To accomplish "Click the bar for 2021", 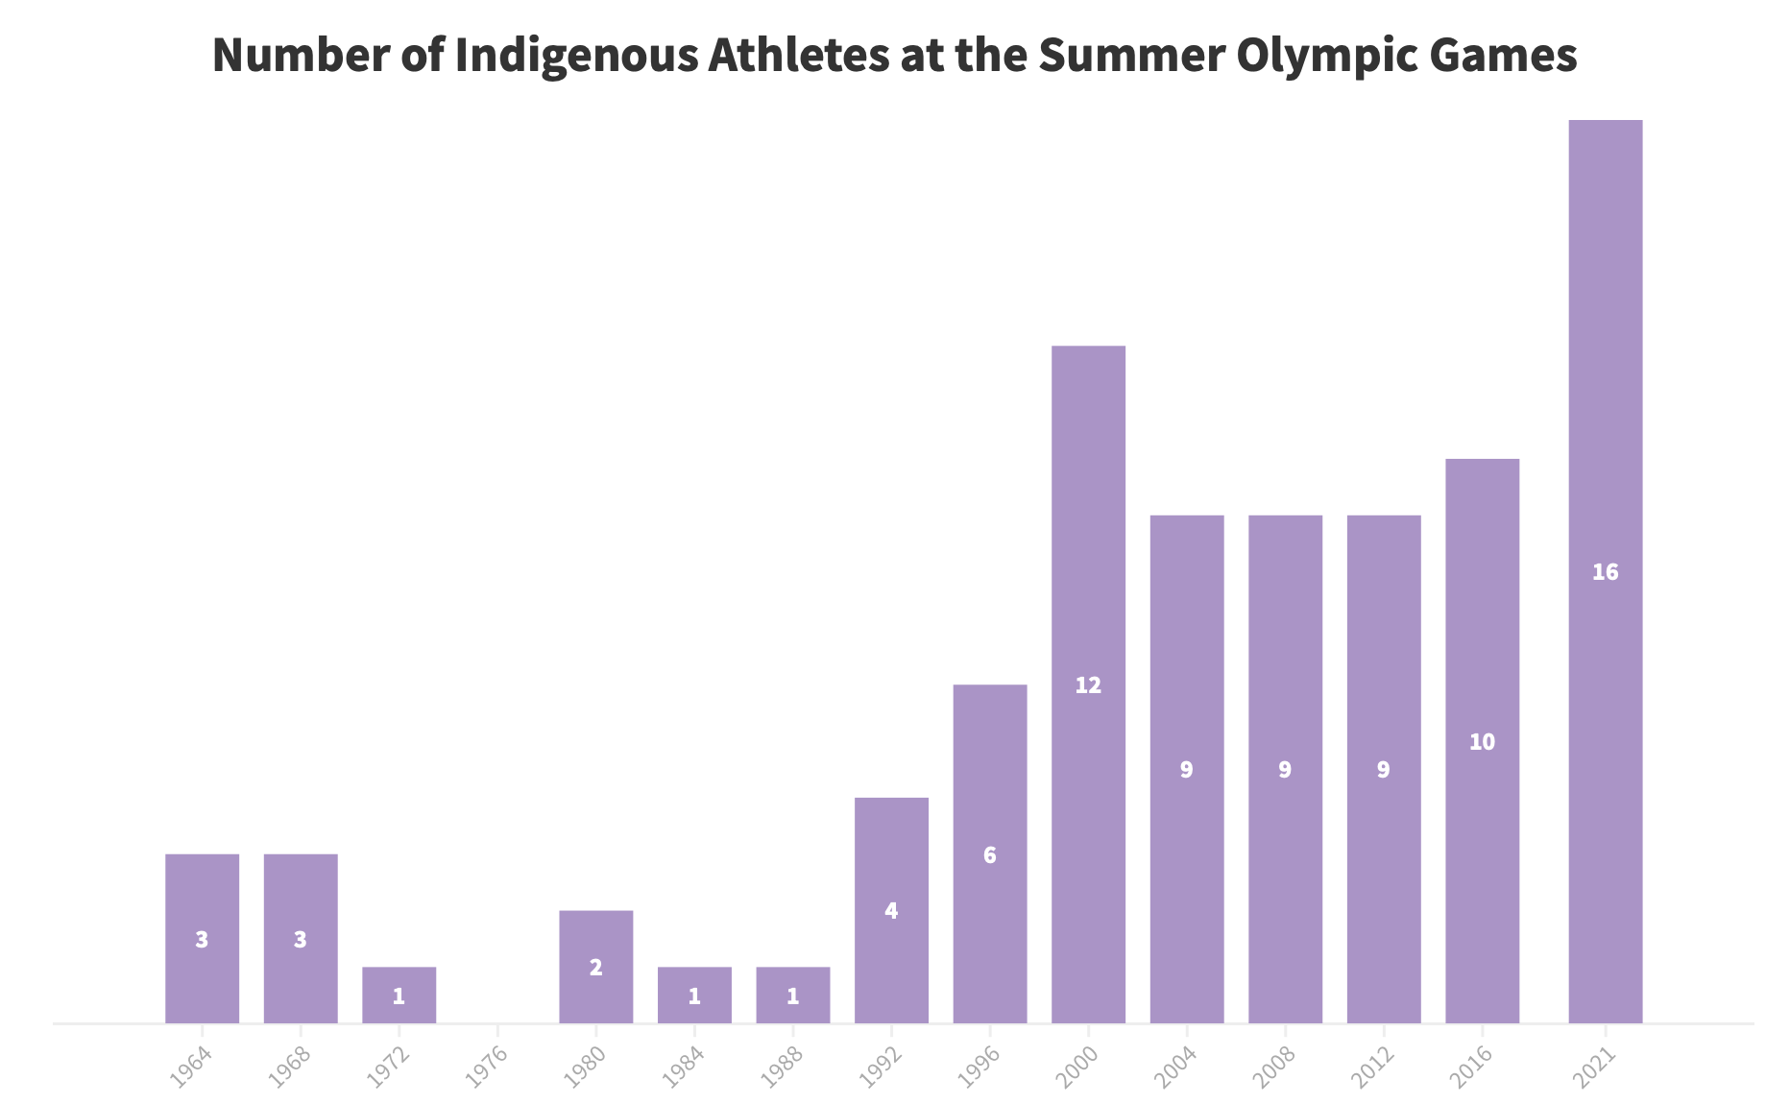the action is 1605,571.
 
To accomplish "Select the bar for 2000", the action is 1088,684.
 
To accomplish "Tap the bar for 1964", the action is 202,939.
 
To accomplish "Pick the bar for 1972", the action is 399,995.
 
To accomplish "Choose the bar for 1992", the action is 891,910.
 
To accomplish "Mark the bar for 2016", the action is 1482,741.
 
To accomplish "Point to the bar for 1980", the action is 595,967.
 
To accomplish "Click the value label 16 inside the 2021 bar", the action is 1605,572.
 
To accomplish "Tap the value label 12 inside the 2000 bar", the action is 1088,685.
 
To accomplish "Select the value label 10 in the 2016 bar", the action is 1482,742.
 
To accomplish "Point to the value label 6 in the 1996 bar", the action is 990,855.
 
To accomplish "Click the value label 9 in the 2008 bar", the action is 1285,770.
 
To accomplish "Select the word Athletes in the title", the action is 798,55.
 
